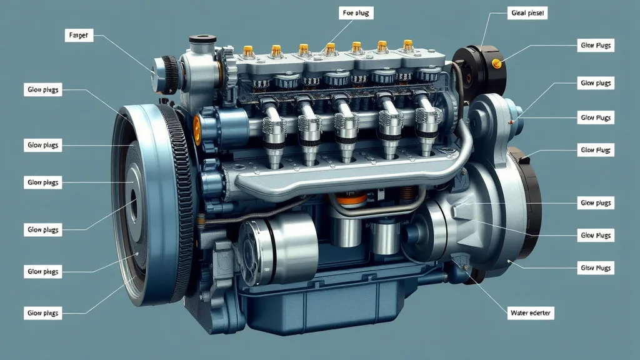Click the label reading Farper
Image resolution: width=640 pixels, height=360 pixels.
click(79, 36)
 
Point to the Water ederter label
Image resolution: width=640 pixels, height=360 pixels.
click(532, 312)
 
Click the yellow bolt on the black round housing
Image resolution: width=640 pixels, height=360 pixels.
click(497, 62)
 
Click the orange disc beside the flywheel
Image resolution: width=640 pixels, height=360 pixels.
click(197, 127)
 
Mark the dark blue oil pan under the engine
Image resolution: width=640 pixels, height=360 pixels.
click(325, 312)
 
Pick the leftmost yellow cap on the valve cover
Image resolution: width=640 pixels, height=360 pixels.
click(248, 50)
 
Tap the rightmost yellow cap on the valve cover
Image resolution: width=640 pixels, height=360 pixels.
click(407, 45)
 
